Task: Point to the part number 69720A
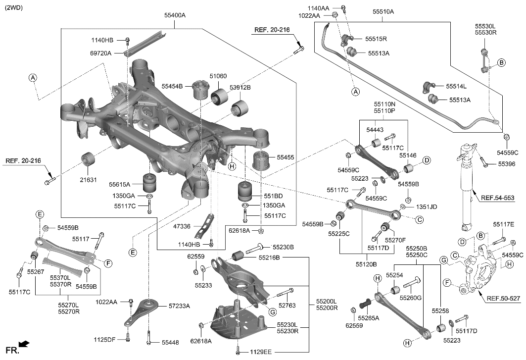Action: pos(101,52)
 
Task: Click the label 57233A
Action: pos(179,306)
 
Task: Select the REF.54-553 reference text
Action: pos(497,198)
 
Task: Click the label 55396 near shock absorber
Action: pos(506,163)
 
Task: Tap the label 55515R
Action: pos(376,38)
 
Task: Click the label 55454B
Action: pos(172,86)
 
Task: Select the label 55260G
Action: pos(411,298)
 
